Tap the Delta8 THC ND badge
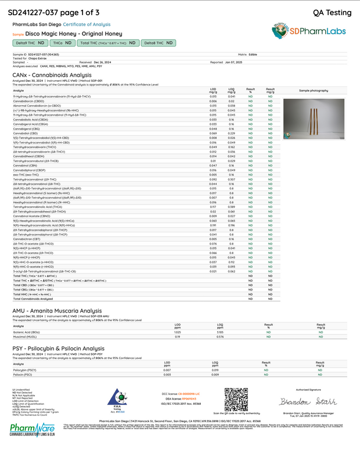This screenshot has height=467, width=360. [x=158, y=43]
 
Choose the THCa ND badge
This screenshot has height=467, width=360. [x=62, y=43]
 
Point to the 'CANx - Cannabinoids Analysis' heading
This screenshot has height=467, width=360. [x=52, y=75]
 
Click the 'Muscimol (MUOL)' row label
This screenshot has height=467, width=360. [x=24, y=336]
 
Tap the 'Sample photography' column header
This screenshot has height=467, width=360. [x=313, y=91]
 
